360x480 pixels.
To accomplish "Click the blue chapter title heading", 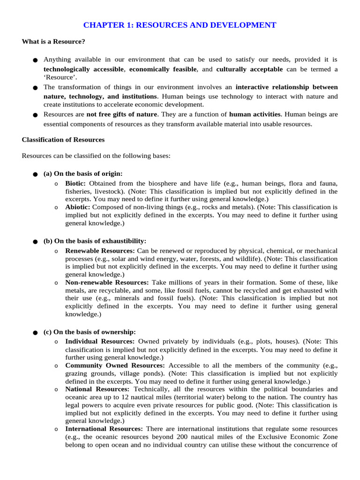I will (180, 25).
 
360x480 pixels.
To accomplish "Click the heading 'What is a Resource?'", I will (53, 42).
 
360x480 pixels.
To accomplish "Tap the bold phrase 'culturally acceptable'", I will (249, 69).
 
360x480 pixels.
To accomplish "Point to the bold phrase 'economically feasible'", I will (163, 69).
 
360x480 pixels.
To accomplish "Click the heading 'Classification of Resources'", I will (63, 140).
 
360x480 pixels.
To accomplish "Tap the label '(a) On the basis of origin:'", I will (83, 173).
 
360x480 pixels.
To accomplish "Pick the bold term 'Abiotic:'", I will (78, 206).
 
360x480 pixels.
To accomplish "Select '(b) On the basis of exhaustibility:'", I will (95, 241).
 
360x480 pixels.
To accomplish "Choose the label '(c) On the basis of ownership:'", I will (90, 332).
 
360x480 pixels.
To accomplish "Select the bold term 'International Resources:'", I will (104, 428).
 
